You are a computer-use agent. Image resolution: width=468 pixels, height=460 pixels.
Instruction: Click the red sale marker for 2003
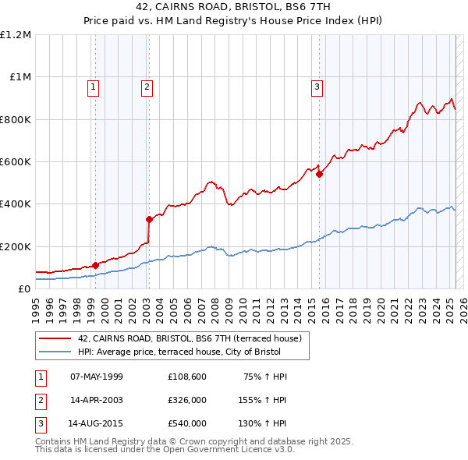click(x=149, y=219)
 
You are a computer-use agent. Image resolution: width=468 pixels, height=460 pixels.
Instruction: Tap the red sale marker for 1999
click(x=95, y=265)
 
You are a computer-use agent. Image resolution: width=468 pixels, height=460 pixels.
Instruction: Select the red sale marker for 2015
click(x=319, y=175)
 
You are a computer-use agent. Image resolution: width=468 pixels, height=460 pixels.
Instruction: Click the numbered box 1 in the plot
click(x=93, y=87)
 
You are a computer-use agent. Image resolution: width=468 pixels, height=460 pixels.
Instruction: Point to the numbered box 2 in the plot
click(x=147, y=87)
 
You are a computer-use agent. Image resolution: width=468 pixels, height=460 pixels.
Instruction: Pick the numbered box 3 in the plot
click(x=317, y=87)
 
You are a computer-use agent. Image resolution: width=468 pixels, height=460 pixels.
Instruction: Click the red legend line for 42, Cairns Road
click(x=54, y=338)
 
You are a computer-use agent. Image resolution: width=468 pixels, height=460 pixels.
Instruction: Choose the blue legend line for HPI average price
click(x=54, y=352)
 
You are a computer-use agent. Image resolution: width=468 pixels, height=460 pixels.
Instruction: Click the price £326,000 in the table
click(x=186, y=400)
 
